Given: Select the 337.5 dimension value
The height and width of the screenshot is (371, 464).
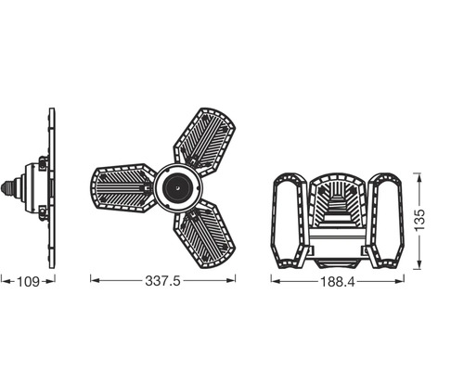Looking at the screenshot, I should tap(164, 278).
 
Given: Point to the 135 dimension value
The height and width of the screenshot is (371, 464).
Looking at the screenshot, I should tap(419, 220).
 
